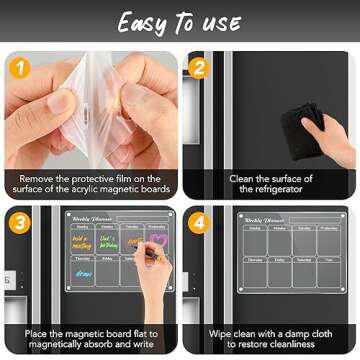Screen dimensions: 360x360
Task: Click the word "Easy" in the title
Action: [142, 22]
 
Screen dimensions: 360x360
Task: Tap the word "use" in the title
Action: [220, 22]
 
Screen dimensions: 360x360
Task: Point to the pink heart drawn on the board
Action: [157, 240]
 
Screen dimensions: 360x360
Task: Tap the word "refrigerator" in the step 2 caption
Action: [270, 190]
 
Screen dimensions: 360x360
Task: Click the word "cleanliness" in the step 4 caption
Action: [297, 344]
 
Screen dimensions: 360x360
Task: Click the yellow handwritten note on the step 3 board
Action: [81, 241]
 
